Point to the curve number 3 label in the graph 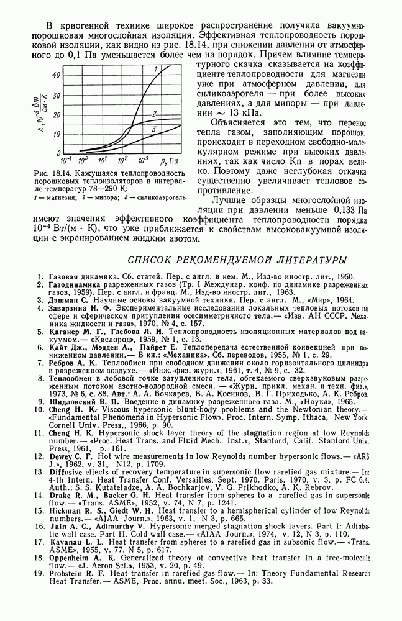[153, 128]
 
